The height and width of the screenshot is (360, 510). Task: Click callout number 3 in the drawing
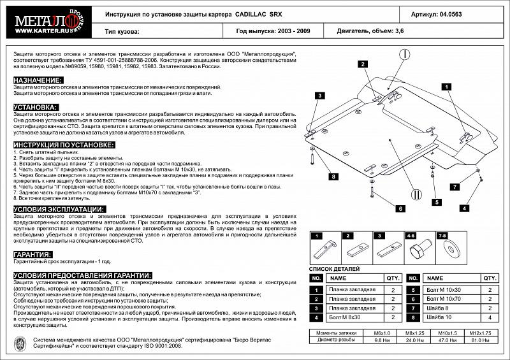point(317,96)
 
